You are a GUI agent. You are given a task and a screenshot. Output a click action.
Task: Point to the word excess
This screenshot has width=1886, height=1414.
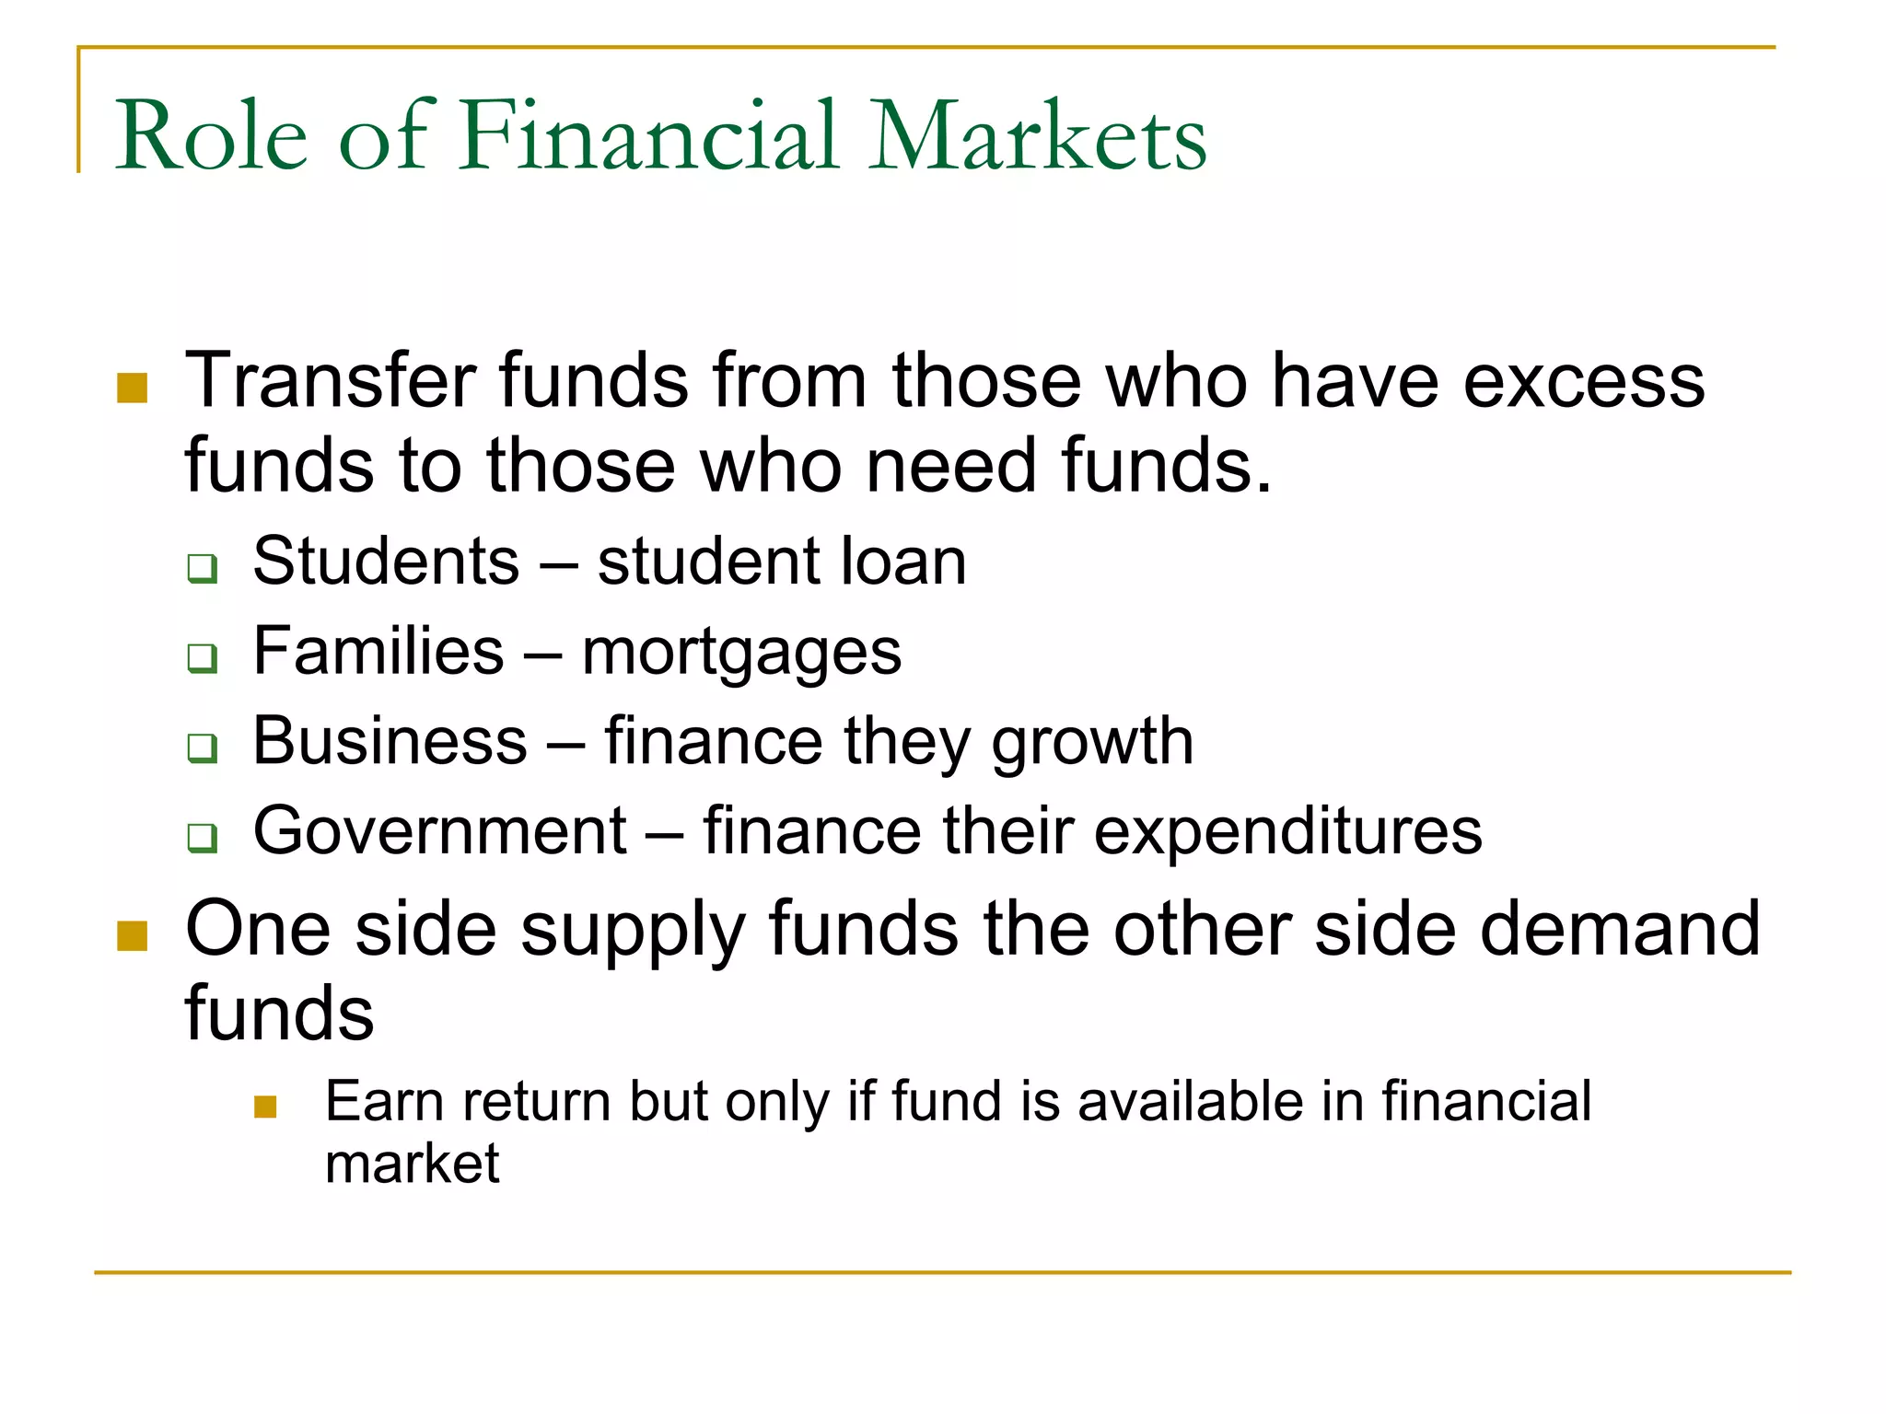(x=1584, y=382)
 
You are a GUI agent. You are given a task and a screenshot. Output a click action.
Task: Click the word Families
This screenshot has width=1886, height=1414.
(x=378, y=651)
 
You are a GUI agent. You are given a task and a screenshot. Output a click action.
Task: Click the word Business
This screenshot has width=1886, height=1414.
(x=390, y=740)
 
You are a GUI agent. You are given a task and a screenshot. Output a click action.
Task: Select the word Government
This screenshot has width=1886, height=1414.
(x=440, y=830)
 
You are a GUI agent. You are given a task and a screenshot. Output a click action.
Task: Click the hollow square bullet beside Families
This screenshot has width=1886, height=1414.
(x=203, y=658)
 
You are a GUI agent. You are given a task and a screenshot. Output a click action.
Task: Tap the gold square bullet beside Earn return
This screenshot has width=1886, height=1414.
(x=265, y=1107)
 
